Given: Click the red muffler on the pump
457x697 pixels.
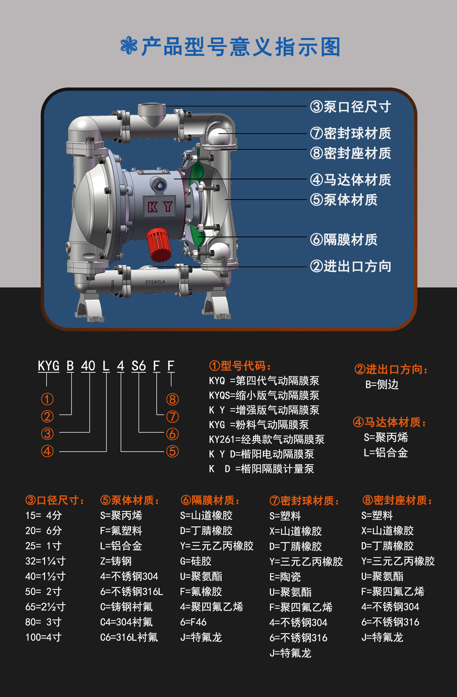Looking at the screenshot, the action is point(159,245).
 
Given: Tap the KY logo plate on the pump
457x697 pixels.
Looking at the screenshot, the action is point(160,207).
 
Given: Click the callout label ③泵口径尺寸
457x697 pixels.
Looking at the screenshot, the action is point(350,107).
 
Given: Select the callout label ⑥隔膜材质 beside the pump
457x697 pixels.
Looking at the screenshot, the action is point(344,240).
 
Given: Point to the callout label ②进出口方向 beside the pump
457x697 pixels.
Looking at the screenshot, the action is point(350,266).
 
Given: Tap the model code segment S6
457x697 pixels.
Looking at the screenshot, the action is point(138,366).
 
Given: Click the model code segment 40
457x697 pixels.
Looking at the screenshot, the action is point(88,366).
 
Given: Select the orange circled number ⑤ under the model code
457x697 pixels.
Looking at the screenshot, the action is point(173,451).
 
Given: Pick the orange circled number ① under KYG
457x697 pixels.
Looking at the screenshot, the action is point(47,399).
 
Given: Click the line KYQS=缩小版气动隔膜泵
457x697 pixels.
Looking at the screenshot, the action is point(264,395).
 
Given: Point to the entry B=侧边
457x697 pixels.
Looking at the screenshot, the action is point(382,384).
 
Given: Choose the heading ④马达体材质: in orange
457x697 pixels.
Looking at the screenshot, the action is point(390,422).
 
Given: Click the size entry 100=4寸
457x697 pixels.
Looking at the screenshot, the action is point(43,637).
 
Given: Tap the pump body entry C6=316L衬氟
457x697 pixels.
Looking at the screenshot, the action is point(129,637).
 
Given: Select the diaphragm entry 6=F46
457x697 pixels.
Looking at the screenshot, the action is point(193,622).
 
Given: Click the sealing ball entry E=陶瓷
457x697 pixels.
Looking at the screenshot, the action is point(285,577).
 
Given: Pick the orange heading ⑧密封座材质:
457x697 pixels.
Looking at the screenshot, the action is point(397,500).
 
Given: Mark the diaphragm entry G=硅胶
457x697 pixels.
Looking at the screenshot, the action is point(196,561).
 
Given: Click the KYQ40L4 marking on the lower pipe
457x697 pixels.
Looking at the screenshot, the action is point(155,282).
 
